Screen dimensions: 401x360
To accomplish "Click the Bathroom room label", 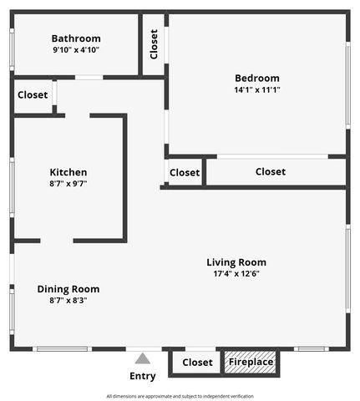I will coord(76,38).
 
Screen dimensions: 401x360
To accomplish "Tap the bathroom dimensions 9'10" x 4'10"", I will coord(76,50).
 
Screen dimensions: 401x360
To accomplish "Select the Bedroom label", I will coord(257,79).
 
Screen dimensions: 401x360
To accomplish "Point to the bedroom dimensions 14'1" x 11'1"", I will coord(257,90).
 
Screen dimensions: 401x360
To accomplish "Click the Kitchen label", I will coord(68,172).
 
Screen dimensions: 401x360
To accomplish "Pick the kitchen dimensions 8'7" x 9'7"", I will coord(68,184).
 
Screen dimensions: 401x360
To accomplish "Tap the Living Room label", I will coord(236,262).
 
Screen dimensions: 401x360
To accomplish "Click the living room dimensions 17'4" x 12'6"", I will coord(236,274).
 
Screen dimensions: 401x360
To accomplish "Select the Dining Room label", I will coord(68,289).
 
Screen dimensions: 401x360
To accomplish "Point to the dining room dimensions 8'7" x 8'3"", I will coord(68,301).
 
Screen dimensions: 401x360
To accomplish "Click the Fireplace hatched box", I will coord(251,363).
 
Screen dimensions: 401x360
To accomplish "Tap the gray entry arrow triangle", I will coord(143,358).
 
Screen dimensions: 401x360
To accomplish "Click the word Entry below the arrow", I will coord(143,376).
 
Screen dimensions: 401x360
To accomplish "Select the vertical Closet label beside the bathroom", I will coord(154,44).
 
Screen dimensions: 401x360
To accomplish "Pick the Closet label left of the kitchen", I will coord(33,95).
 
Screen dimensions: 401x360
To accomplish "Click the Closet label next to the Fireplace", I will coord(197,363).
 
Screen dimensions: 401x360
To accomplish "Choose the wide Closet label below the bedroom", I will coord(271,172).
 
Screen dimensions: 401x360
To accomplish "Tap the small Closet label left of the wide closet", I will coord(185,173).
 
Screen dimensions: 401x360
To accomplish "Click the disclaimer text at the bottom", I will coord(180,396).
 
